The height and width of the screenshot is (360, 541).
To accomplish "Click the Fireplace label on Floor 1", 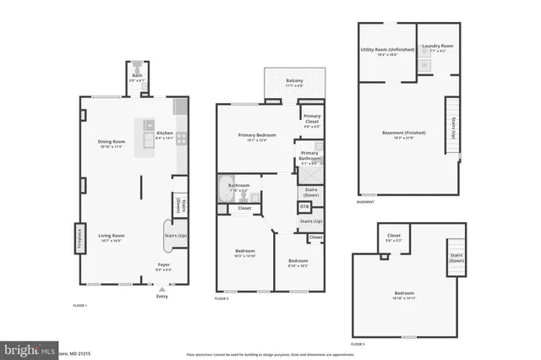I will coord(79,237).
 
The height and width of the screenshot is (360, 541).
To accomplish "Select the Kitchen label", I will coord(164,134).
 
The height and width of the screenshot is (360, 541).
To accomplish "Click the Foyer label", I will coord(163,267).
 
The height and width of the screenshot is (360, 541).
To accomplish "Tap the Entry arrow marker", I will coord(162,289).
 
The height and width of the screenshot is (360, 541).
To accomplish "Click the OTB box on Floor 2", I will coord(304,206).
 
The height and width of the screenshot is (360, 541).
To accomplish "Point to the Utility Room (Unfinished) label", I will coord(387,51).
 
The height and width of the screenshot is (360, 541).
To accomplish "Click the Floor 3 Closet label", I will coord(394,237).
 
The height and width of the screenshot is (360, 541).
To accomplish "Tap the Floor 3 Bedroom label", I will coord(403,296).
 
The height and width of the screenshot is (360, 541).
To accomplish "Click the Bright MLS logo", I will coord(28,348).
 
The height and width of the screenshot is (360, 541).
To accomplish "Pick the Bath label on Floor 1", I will coord(137,78).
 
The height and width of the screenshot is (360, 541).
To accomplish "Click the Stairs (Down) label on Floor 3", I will coord(456,256).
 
